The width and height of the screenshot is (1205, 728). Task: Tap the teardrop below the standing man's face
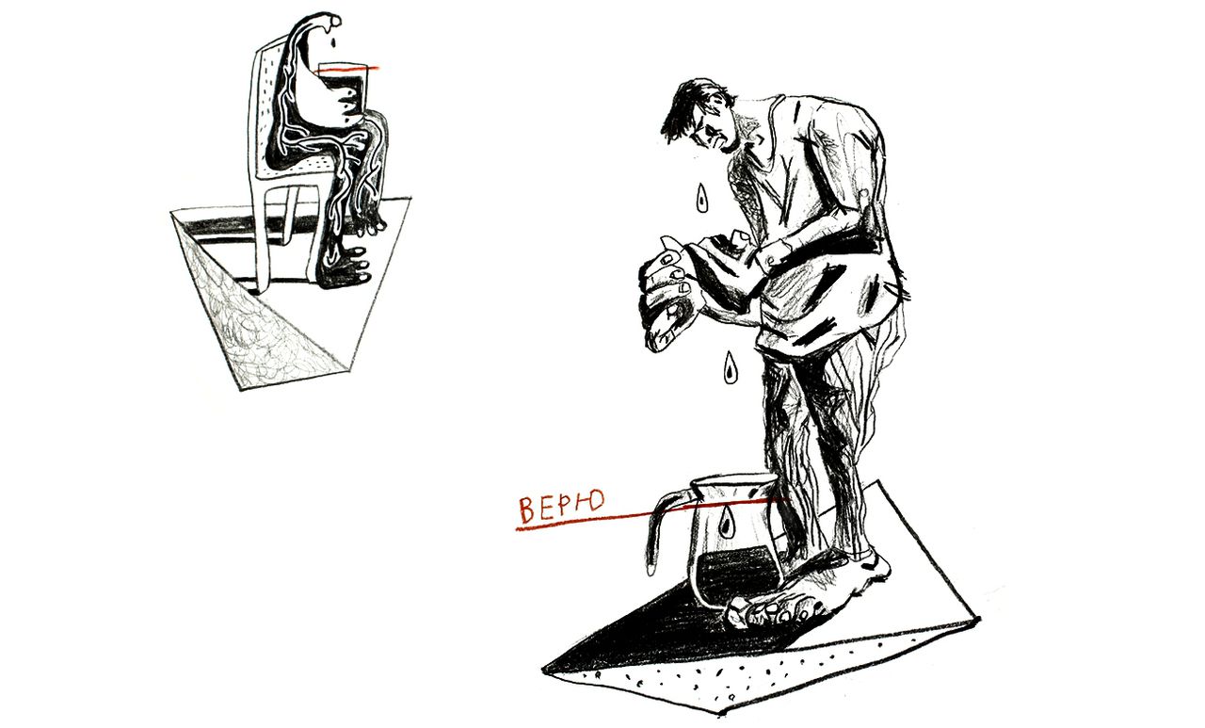coord(701,197)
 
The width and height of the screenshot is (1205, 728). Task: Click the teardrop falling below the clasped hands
coord(730,367)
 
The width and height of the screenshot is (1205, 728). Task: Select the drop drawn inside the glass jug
coord(727,522)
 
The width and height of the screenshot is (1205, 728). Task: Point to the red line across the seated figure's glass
coord(349,70)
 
